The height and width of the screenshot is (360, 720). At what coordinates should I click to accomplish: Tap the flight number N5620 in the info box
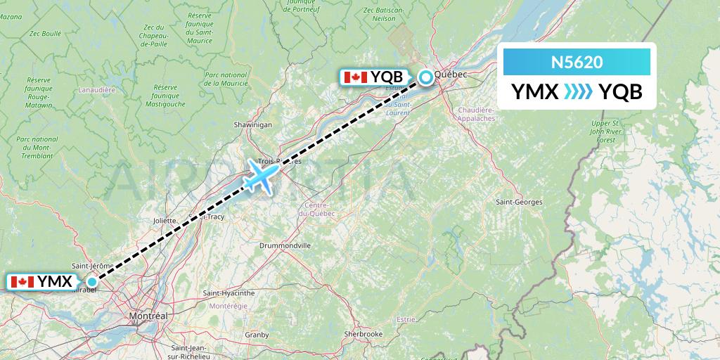pos(577,63)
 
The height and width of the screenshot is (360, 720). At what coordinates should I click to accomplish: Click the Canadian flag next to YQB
pos(354,77)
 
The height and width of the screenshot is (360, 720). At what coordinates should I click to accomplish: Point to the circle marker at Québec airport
pos(426,77)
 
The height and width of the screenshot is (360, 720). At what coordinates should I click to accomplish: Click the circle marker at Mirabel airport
pos(91,281)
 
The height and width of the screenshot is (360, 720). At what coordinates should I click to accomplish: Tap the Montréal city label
pos(148,316)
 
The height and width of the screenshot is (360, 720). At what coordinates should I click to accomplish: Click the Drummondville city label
pos(285,245)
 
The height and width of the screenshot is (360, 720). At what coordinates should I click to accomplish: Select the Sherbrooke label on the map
pos(363,333)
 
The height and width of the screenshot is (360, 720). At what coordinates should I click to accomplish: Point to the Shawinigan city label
pos(253,124)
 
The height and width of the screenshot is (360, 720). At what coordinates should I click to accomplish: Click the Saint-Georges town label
pos(519,202)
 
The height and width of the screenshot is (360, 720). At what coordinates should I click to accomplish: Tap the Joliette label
pos(165,220)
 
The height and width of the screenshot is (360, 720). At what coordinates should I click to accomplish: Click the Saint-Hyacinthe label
pos(229,292)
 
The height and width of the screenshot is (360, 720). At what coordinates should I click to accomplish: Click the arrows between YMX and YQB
pos(579,91)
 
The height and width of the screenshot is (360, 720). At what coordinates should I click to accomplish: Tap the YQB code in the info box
pos(621,91)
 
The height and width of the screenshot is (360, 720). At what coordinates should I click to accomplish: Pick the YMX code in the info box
pos(536,91)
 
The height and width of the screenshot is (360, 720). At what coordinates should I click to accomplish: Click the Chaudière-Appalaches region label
pos(476,115)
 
